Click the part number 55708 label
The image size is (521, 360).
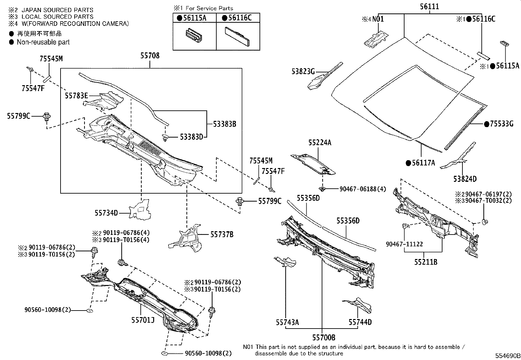(x=150, y=56)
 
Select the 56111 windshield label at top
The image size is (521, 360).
(x=429, y=6)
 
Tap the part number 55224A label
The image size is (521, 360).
(x=320, y=143)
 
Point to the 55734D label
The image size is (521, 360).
(x=106, y=213)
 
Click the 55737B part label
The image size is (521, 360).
(x=222, y=235)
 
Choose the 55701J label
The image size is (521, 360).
(x=143, y=320)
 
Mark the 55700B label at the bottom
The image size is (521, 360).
(x=324, y=337)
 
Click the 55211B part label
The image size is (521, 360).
(x=426, y=262)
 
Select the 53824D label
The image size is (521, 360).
(x=465, y=179)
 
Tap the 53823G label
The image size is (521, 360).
(x=303, y=71)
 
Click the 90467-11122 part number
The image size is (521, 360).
(x=404, y=244)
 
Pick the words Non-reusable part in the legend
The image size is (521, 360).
(x=43, y=42)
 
